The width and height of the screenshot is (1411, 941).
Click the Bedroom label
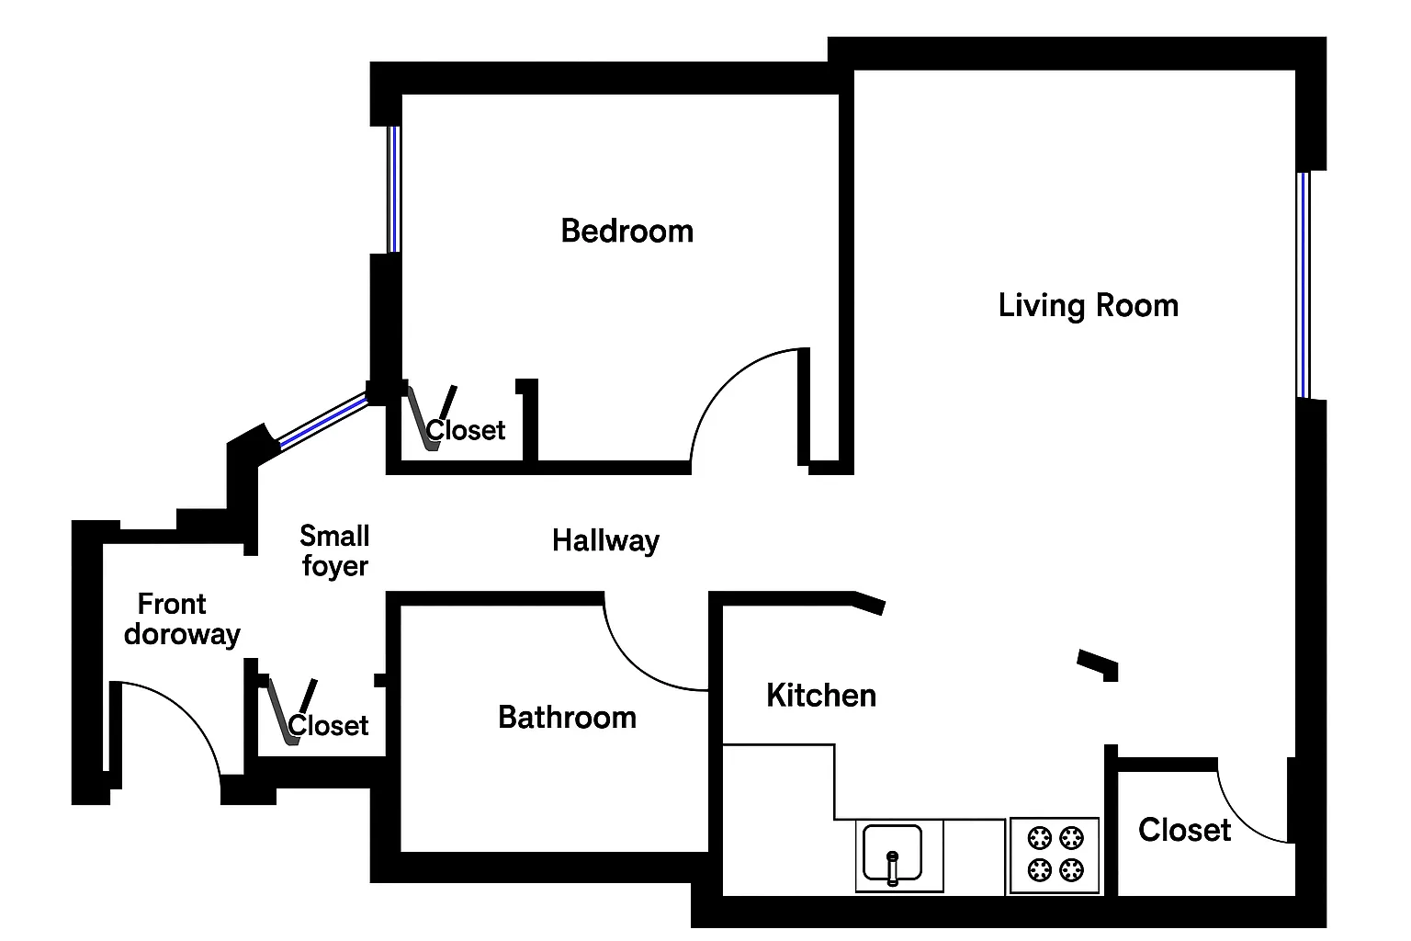(627, 231)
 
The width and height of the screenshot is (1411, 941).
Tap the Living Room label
(1089, 305)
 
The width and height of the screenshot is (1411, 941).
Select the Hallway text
(605, 540)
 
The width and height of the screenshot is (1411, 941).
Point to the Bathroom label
(567, 717)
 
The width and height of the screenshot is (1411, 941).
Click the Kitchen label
(821, 696)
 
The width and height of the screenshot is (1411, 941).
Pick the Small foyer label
(334, 550)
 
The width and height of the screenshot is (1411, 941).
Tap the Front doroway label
(181, 618)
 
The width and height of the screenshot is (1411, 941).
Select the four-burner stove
(1055, 855)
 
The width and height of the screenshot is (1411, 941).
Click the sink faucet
(892, 867)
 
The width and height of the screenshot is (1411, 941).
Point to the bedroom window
(393, 188)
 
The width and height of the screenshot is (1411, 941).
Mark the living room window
(1303, 284)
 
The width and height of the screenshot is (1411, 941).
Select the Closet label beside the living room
(1184, 830)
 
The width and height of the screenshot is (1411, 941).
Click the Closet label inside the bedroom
(466, 430)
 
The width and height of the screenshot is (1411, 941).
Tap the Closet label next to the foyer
(328, 726)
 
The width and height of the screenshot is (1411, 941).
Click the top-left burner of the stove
(1040, 838)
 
